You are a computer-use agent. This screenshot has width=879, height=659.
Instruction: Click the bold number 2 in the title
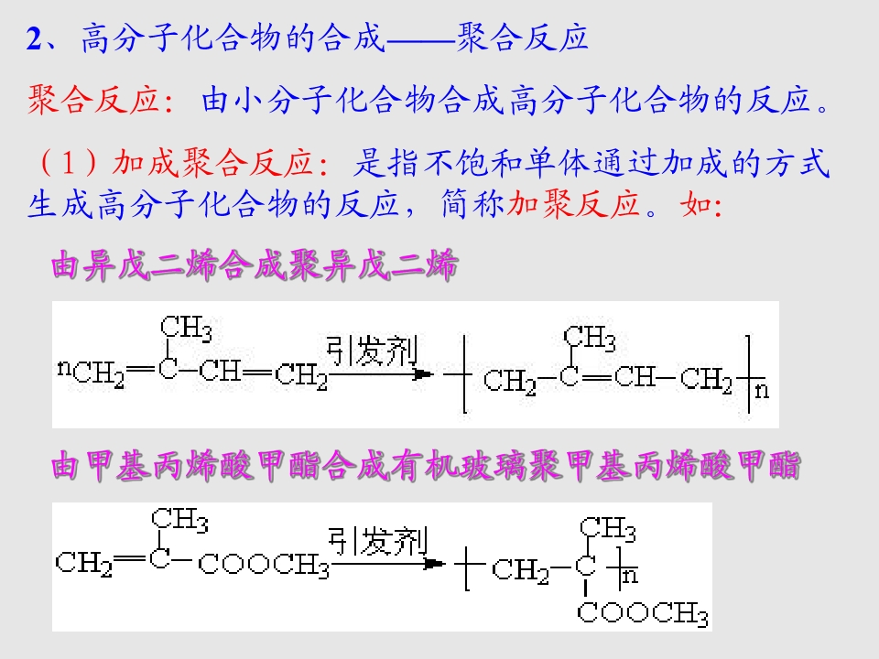pos(34,39)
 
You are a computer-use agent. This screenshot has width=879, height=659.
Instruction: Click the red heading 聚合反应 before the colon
pos(93,101)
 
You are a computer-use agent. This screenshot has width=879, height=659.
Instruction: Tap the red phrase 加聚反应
pos(573,203)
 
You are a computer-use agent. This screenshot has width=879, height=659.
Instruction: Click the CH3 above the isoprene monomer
pos(186,329)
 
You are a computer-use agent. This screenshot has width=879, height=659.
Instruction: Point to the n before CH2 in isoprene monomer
pos(64,368)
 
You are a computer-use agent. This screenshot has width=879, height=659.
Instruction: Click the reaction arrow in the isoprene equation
pos(381,373)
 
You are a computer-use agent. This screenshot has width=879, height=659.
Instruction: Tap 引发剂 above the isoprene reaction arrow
pos(372,351)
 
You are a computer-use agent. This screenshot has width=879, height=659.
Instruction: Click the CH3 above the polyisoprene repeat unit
pos(590,338)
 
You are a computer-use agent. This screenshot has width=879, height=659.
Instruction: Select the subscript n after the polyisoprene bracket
pos(761,390)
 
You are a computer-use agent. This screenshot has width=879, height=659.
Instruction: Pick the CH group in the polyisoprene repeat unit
pos(634,376)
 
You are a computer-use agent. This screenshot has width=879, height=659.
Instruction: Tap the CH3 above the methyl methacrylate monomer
pos(179,520)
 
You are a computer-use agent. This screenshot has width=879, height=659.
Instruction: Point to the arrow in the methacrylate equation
pos(388,564)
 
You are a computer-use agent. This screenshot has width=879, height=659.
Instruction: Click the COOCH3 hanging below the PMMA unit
pos(643,613)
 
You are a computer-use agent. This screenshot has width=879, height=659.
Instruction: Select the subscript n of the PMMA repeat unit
pos(630,576)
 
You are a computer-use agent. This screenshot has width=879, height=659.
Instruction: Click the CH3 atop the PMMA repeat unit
pos(608,529)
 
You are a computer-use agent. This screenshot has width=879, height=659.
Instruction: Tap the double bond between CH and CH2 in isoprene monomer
pos(258,371)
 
